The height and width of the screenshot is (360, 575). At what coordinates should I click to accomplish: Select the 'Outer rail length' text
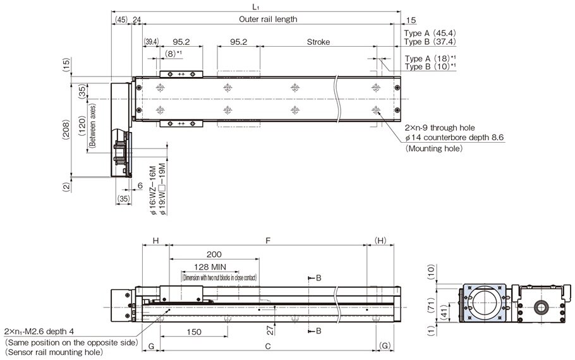coord(268,19)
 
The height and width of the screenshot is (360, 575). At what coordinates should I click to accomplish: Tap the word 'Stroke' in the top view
coord(318,42)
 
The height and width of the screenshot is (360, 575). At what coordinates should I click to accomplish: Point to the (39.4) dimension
coord(152,42)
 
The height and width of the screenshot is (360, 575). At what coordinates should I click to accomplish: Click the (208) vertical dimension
coord(66,130)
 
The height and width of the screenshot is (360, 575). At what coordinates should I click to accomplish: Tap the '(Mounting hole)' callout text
coord(434,148)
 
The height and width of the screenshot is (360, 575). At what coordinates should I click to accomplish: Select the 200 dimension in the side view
coord(214,254)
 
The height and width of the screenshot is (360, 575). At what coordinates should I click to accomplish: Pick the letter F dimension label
coord(268,241)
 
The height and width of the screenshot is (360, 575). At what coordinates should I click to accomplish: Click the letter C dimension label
coord(268,346)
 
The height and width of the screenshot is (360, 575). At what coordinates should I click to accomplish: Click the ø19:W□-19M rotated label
coord(162,189)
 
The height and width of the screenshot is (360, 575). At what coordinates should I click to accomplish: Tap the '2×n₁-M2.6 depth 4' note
coord(39,332)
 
